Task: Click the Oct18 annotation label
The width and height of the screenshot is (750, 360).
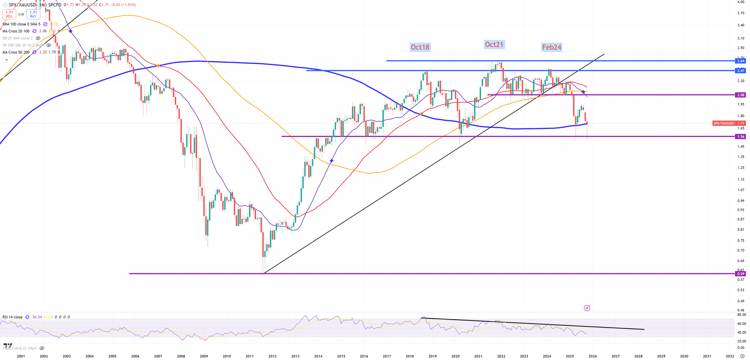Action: tap(420, 47)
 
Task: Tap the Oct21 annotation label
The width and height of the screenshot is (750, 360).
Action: tap(494, 45)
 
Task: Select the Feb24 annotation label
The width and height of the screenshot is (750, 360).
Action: tap(551, 47)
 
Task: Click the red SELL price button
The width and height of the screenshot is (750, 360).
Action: tap(9, 14)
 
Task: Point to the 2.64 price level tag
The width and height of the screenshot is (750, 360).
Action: tap(741, 61)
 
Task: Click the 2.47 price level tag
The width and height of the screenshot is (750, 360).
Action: tap(741, 71)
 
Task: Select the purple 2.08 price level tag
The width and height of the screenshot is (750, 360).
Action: tap(741, 95)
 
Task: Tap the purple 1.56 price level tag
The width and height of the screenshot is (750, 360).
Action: tap(741, 137)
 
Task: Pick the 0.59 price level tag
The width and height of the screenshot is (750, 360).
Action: tap(741, 274)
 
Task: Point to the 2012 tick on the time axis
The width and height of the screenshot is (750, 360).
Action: tap(272, 356)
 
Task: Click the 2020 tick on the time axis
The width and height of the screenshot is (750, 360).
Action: tap(455, 356)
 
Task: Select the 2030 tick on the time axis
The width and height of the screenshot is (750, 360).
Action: tap(684, 356)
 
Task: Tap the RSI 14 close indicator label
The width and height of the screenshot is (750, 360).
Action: tap(12, 317)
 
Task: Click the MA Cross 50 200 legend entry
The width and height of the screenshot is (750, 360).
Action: tap(16, 52)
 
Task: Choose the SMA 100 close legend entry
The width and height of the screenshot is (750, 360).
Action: tap(21, 24)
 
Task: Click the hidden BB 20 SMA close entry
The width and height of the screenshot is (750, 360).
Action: tap(18, 38)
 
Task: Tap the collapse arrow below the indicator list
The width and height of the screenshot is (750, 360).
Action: tap(6, 60)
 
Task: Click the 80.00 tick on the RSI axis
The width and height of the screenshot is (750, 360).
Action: tap(742, 315)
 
